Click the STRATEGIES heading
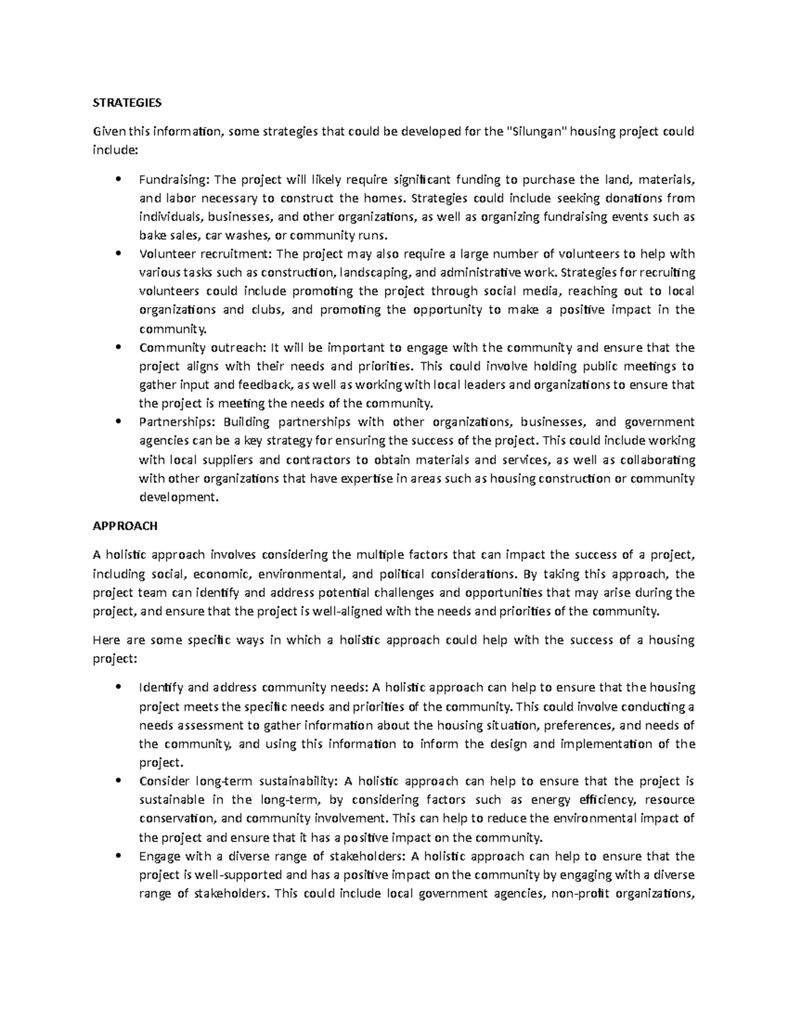click(x=126, y=103)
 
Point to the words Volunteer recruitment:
click(x=206, y=254)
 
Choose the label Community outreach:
click(x=203, y=347)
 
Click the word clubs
click(x=267, y=310)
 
